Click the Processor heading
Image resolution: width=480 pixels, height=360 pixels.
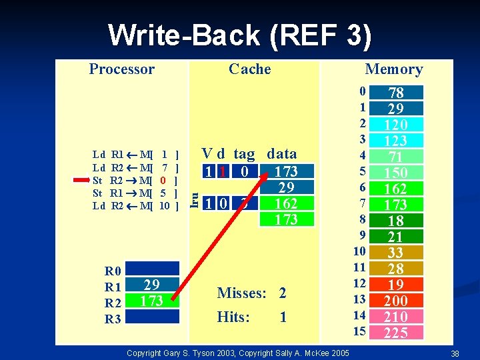coord(121,69)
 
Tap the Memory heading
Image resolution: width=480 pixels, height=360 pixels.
coord(393,69)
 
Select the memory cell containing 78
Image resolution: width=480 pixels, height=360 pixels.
coord(396,93)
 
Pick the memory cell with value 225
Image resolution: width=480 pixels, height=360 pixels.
coord(396,333)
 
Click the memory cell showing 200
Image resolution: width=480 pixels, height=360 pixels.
coord(396,301)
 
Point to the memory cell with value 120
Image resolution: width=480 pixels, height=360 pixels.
coord(396,125)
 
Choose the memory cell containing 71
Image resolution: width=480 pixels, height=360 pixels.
coord(396,157)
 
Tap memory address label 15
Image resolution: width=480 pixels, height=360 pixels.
coord(360,331)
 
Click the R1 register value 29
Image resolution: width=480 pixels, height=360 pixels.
coord(152,285)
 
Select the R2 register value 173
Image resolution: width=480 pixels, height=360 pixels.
coord(152,301)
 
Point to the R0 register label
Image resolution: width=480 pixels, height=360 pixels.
coord(113,271)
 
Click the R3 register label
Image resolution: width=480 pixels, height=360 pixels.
coord(113,319)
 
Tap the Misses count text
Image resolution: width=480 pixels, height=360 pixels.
coord(252,293)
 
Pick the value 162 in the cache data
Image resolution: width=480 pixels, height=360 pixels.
coord(286,203)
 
